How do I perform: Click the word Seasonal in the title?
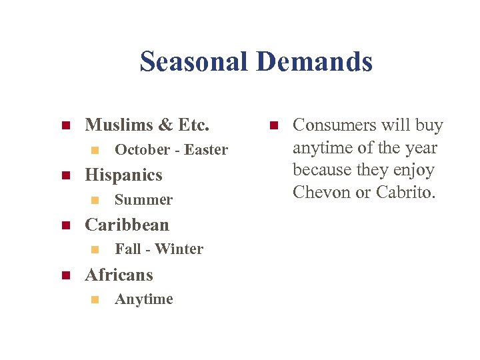pyautogui.click(x=193, y=62)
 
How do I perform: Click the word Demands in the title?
pyautogui.click(x=315, y=62)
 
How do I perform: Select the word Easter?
pyautogui.click(x=206, y=150)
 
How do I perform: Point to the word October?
pyautogui.click(x=142, y=150)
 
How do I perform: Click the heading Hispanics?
pyautogui.click(x=123, y=175)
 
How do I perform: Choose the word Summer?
pyautogui.click(x=143, y=200)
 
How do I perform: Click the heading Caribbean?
pyautogui.click(x=127, y=225)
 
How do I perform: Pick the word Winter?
pyautogui.click(x=179, y=249)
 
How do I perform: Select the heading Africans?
pyautogui.click(x=119, y=275)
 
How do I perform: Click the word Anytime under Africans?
pyautogui.click(x=143, y=299)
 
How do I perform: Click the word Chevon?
pyautogui.click(x=323, y=193)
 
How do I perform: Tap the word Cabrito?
pyautogui.click(x=404, y=193)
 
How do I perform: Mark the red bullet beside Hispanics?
pyautogui.click(x=65, y=176)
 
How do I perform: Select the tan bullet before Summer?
pyautogui.click(x=94, y=200)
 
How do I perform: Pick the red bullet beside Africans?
pyautogui.click(x=65, y=275)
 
